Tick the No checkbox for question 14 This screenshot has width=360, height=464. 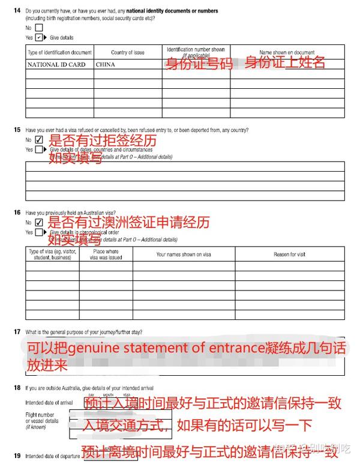39,27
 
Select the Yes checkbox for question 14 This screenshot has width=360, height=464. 39,37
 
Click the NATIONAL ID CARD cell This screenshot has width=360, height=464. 57,64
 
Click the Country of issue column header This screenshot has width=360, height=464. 127,53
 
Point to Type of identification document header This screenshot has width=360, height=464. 60,53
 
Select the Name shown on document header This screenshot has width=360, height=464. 287,53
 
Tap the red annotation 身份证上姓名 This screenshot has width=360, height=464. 284,62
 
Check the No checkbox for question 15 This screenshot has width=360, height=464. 39,140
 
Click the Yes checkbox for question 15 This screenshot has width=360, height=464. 39,149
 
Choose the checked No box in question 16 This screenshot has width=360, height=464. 39,222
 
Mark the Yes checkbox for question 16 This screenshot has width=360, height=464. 39,232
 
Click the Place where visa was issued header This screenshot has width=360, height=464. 106,254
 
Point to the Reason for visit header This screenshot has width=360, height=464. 289,254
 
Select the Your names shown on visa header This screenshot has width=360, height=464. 184,254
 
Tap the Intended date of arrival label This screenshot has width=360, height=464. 50,403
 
